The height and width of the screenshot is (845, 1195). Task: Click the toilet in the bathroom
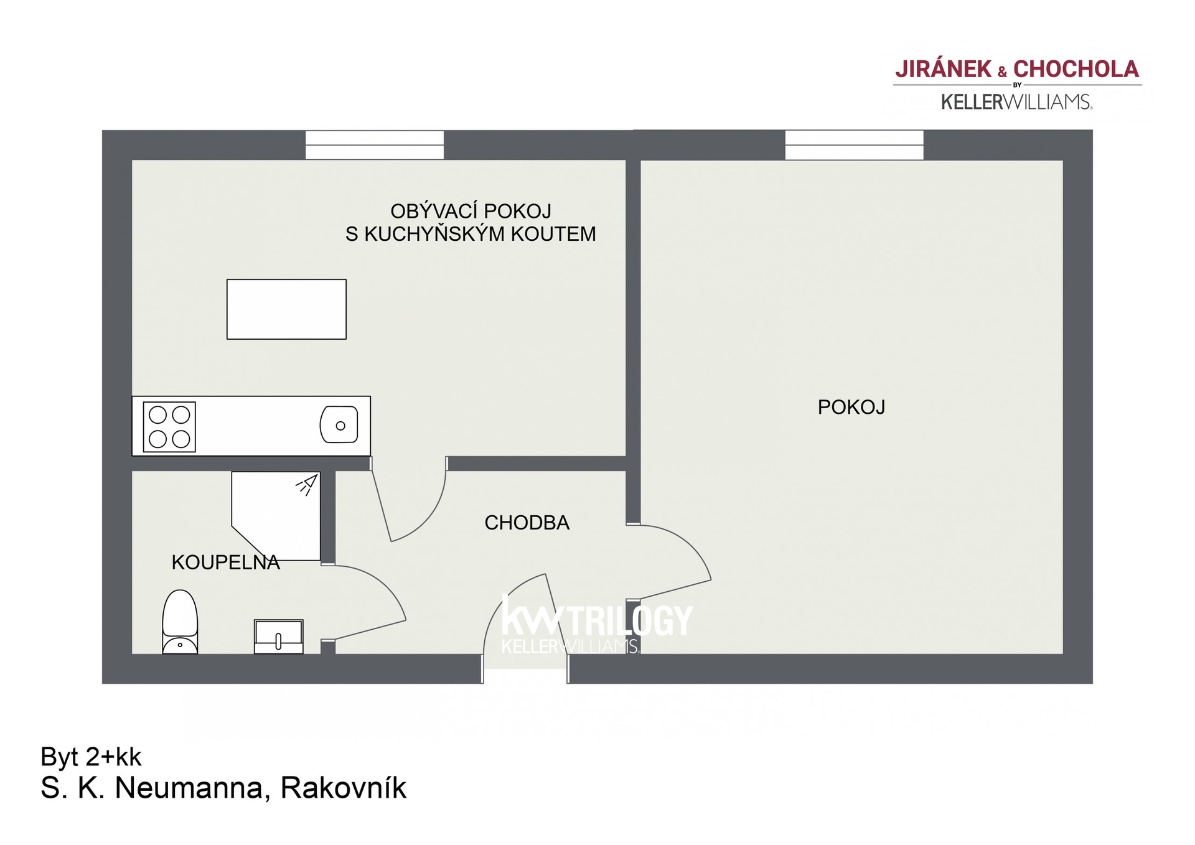pos(180,622)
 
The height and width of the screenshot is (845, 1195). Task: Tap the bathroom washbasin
pos(278,636)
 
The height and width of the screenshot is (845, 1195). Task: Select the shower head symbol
pos(307,485)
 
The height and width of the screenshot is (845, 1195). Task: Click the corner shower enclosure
pos(276,516)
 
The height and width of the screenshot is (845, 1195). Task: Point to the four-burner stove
pos(169,426)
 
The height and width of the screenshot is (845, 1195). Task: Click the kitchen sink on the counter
pos(339,424)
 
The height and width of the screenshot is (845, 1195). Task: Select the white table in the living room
pos(286,309)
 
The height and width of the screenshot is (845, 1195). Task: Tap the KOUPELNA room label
pos(225,563)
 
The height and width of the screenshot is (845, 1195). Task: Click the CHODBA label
pos(527,523)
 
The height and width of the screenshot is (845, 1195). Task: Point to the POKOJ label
pos(851,407)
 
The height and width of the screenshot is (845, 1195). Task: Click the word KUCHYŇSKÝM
pos(434,234)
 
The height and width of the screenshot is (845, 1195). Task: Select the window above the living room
pos(375,145)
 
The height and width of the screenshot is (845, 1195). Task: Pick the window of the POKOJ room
pos(854,145)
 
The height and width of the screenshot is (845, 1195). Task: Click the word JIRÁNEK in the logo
pos(944,69)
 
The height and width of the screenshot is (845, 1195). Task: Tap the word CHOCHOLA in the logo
pos(1076,69)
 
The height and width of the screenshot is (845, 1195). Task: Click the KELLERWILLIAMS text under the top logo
pos(1016,102)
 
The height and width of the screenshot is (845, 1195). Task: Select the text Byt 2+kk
pos(91,757)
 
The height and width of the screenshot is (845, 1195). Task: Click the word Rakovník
pos(344,788)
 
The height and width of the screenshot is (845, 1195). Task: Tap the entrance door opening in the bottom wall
pos(525,669)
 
